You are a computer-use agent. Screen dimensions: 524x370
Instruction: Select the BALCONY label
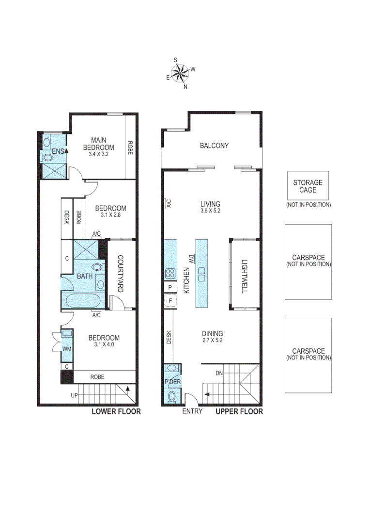pos(214,146)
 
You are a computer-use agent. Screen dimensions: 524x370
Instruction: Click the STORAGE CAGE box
pos(308,186)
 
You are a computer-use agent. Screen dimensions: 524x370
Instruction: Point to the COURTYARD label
pos(120,274)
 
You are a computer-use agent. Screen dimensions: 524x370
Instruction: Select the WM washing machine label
pos(67,348)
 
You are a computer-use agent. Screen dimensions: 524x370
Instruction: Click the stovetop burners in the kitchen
pos(170,273)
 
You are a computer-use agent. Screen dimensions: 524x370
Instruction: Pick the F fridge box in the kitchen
pos(170,301)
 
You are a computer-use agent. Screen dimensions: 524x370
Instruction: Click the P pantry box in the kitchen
pos(170,287)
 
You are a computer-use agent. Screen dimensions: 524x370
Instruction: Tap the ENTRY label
pos(192,412)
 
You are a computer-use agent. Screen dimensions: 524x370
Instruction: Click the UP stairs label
pos(74,395)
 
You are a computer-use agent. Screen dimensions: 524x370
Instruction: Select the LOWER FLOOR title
pos(116,412)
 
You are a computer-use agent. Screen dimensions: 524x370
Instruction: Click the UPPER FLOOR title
pos(239,412)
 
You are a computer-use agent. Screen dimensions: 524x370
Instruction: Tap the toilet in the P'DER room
pos(171,398)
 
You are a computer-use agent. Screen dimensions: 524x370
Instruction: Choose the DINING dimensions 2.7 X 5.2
pos(213,341)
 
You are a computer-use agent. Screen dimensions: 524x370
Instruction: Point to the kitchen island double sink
pos(201,274)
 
